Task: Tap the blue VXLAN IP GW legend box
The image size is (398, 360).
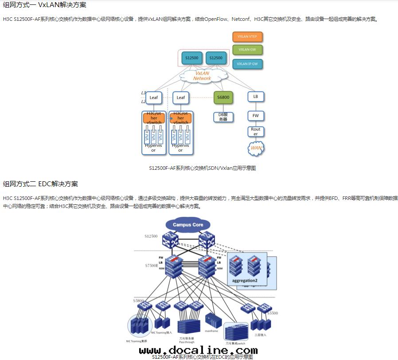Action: pos(248,64)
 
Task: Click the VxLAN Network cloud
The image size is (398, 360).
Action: pos(202,76)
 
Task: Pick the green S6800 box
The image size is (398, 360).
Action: pos(223,97)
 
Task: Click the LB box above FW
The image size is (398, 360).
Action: pos(256,97)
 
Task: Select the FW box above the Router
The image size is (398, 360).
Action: pos(256,116)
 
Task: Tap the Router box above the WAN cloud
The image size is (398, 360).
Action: pos(256,132)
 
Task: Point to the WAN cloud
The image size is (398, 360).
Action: pos(256,148)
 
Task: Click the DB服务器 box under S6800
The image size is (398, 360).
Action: pos(223,117)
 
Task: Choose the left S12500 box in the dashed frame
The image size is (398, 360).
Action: pos(192,58)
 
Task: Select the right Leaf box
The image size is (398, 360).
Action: pos(181,98)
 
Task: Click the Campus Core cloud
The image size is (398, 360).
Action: pos(188,225)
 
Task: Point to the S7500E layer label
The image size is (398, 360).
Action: pos(151,265)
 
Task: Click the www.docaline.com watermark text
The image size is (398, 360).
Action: pos(198,351)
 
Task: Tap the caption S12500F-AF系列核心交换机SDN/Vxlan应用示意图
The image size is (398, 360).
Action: pos(203,168)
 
